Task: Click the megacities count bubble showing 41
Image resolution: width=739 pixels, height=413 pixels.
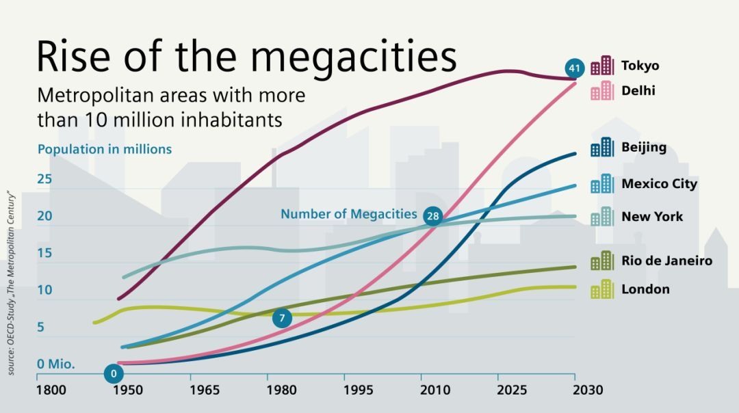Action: [575, 68]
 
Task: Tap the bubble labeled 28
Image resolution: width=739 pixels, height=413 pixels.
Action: [432, 216]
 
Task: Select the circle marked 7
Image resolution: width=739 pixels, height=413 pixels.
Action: [282, 318]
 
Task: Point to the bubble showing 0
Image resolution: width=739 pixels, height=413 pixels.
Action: [114, 374]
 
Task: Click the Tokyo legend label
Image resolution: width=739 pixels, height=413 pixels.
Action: [640, 66]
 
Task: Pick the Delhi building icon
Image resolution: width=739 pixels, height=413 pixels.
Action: [602, 90]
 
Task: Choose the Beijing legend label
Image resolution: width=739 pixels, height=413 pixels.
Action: [643, 147]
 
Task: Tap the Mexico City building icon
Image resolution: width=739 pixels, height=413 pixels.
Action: [602, 184]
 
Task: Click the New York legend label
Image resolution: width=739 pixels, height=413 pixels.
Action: [651, 217]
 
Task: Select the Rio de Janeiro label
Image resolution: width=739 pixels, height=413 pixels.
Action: [666, 261]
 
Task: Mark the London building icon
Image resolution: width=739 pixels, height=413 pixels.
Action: [602, 289]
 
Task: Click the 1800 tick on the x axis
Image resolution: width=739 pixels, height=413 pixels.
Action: [51, 390]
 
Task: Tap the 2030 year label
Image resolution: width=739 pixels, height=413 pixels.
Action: [588, 390]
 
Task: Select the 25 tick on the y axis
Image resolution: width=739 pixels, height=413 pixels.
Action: [44, 179]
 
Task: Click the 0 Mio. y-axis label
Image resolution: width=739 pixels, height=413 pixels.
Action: [56, 364]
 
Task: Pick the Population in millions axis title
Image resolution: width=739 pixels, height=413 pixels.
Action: [105, 149]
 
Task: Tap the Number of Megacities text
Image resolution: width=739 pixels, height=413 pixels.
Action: [348, 214]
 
